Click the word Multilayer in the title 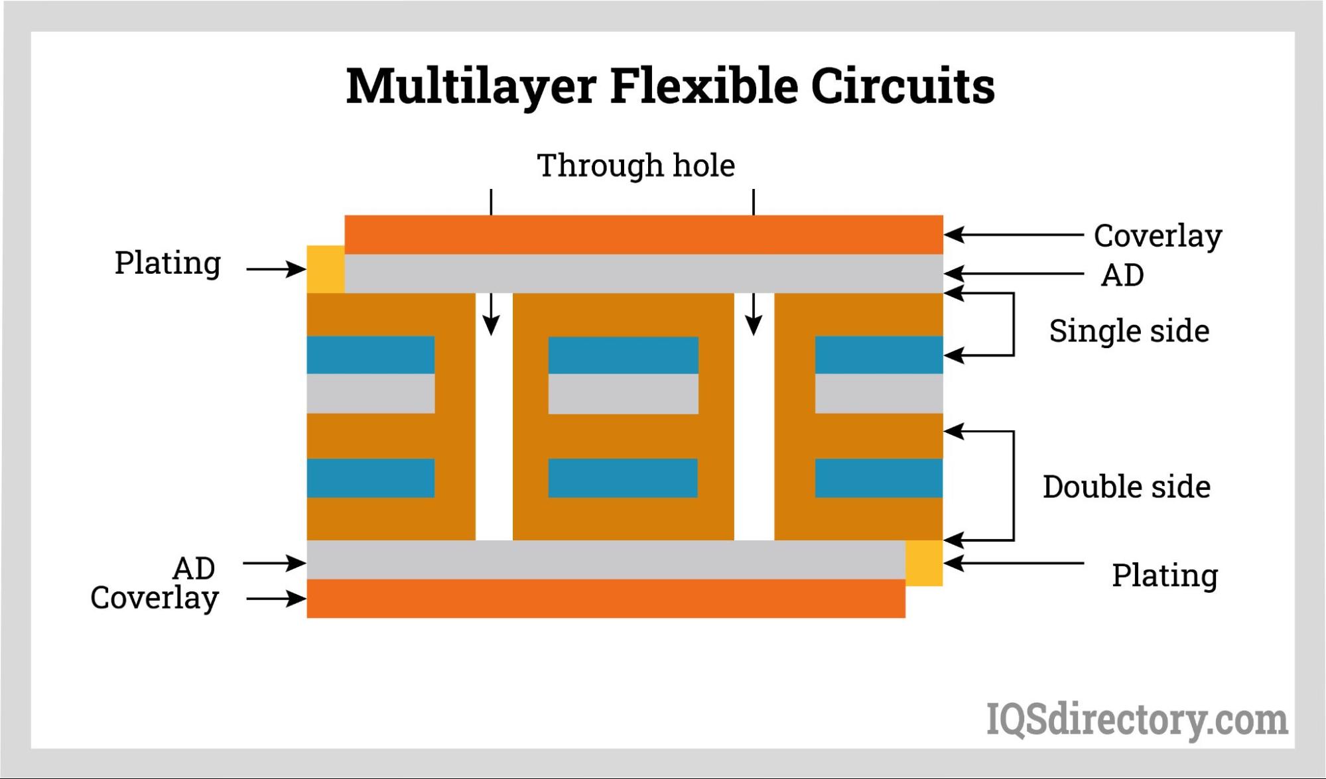(470, 87)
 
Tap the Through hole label (635, 165)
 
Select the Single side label (1128, 331)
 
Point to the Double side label (1126, 487)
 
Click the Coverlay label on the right (1158, 236)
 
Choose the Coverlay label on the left (155, 598)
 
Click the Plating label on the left (167, 263)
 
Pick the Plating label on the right (1164, 575)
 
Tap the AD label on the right (1122, 275)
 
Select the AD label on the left (194, 568)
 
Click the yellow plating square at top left (325, 269)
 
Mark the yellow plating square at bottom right (924, 563)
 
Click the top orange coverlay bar (643, 235)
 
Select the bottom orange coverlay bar (606, 599)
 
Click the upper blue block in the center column (623, 355)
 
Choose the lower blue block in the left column (370, 478)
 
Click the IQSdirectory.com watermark (1136, 720)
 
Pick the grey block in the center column (623, 394)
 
